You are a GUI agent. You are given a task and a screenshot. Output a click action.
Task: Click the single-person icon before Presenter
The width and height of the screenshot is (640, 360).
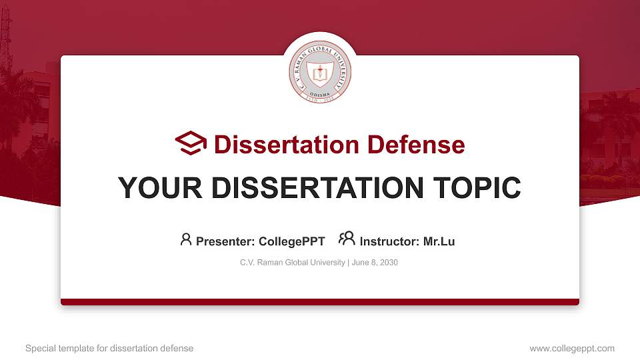coord(186,239)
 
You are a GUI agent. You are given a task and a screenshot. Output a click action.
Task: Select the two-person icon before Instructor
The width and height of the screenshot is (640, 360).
coord(347,239)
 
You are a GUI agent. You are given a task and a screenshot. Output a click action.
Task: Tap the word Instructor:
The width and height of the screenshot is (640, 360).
coord(390,241)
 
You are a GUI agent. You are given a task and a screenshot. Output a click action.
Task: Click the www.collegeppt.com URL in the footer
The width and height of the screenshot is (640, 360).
coord(572,348)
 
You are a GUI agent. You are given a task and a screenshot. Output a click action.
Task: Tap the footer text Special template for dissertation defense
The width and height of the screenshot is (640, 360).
coord(109,348)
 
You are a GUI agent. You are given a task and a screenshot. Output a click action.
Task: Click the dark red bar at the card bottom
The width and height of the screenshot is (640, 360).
coord(320,302)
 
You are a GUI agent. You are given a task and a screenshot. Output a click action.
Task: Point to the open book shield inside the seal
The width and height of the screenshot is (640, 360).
coord(320,75)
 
